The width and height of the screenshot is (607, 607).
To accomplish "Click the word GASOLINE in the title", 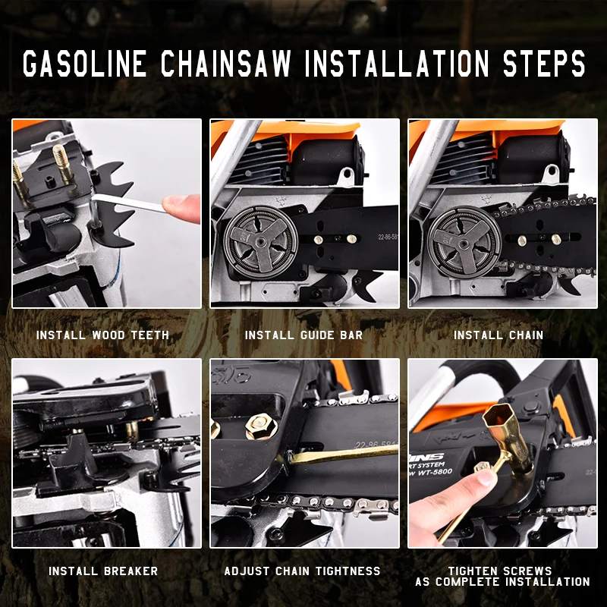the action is [85, 63].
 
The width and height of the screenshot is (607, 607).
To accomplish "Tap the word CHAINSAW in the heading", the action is [226, 63].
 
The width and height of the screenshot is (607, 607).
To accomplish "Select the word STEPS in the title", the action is [544, 63].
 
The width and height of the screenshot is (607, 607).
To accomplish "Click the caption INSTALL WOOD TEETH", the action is [102, 335].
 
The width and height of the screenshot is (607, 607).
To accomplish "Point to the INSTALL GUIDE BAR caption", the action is [304, 335].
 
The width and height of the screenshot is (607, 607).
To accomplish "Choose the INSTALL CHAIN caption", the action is [498, 335].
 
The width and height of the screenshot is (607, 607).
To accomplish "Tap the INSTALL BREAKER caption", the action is [103, 571].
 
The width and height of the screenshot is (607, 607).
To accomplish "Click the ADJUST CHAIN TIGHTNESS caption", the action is [302, 571].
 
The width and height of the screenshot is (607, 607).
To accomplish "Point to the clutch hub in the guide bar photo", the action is [261, 243].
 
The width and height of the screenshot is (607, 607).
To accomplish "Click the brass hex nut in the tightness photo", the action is [261, 426].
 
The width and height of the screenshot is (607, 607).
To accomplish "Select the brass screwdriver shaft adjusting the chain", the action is [343, 454].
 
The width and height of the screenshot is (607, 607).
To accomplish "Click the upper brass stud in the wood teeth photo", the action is [62, 161].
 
